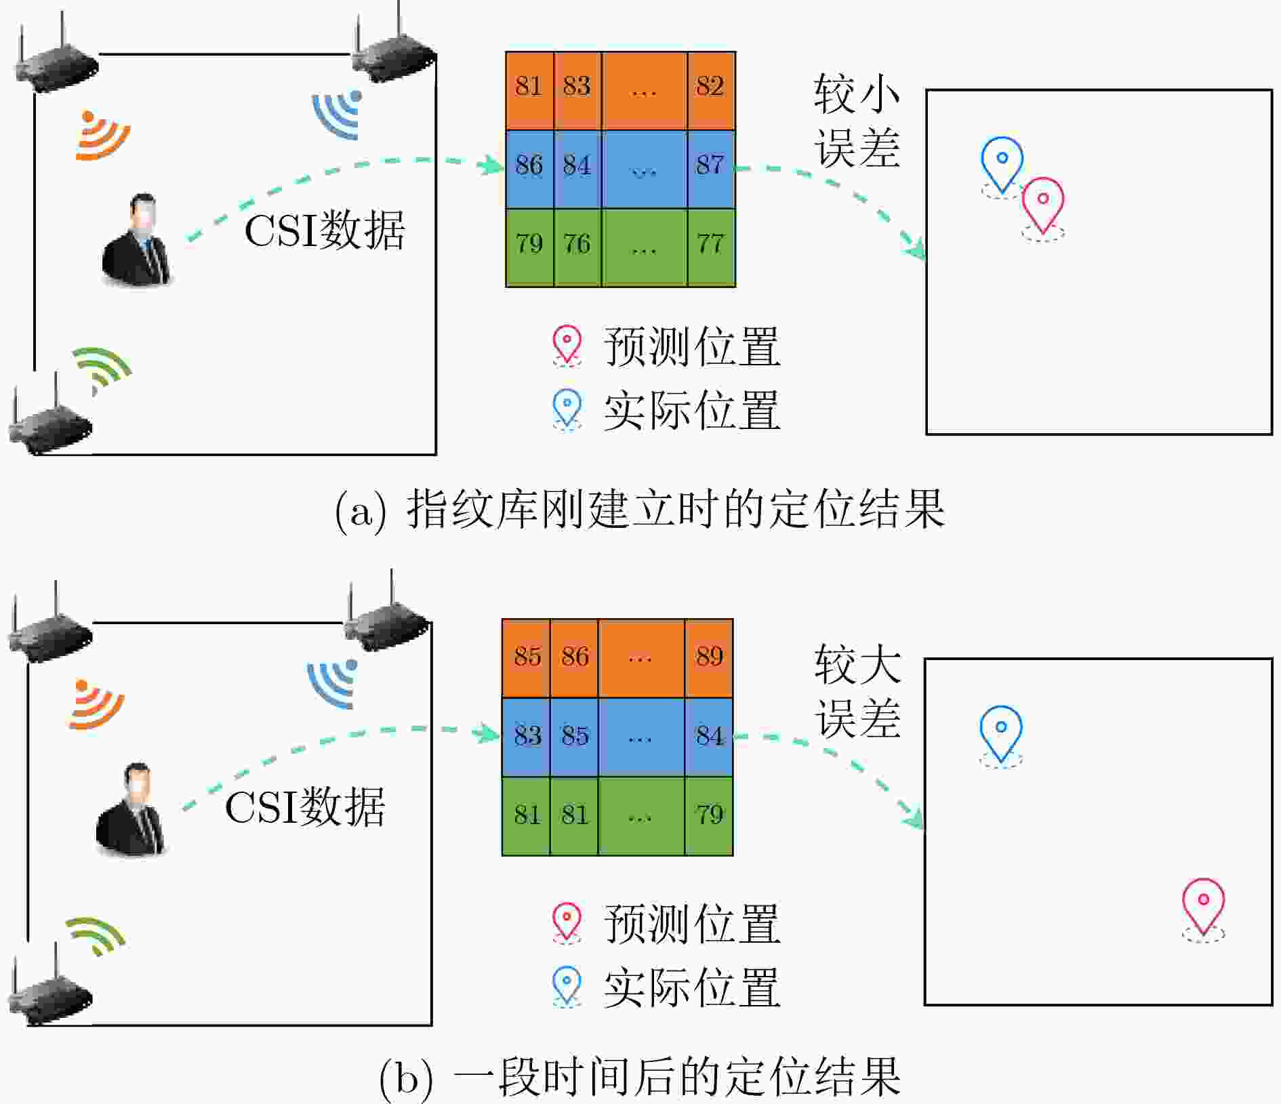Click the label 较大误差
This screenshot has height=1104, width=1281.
(x=857, y=691)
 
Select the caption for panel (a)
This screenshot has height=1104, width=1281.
(x=640, y=509)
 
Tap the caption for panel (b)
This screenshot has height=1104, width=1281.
(x=640, y=1077)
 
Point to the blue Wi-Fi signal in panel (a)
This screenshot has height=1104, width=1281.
(x=338, y=115)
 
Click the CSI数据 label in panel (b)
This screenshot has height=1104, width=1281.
(x=305, y=806)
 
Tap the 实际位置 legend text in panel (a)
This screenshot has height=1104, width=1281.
(x=692, y=411)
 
